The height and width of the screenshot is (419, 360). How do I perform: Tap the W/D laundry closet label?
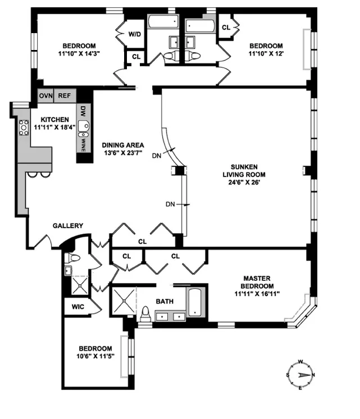pyautogui.click(x=135, y=34)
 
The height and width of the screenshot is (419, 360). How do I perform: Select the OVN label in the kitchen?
pyautogui.click(x=45, y=95)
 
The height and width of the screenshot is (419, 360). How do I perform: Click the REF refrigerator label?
pyautogui.click(x=65, y=95)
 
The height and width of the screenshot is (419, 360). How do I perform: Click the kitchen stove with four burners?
pyautogui.click(x=24, y=129)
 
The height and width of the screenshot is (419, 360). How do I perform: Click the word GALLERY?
pyautogui.click(x=68, y=226)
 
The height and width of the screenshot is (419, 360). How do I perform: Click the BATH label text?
pyautogui.click(x=165, y=302)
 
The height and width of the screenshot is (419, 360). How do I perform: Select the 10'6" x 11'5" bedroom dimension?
pyautogui.click(x=95, y=356)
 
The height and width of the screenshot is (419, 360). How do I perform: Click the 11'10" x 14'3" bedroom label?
pyautogui.click(x=79, y=50)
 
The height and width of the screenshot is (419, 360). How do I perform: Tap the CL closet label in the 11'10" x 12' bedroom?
pyautogui.click(x=226, y=28)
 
